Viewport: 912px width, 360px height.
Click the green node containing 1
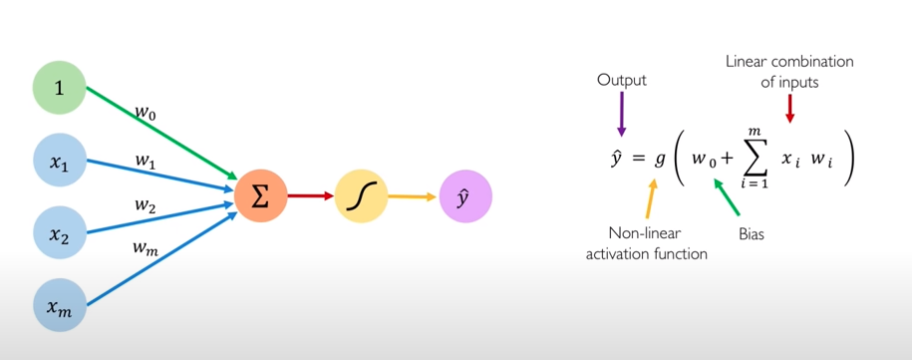pos(59,88)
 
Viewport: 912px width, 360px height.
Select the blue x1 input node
pos(59,159)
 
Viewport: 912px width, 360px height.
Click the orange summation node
pos(260,195)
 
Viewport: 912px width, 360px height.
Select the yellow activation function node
pos(360,195)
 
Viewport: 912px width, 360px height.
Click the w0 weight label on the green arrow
pos(146,114)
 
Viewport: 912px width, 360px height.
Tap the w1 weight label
pos(146,160)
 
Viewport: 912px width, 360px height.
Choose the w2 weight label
pos(146,204)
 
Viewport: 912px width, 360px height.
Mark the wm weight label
pos(146,248)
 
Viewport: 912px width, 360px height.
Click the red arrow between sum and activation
pos(310,195)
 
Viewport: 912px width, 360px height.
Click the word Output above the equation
pos(621,80)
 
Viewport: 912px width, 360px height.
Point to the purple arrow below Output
pos(621,113)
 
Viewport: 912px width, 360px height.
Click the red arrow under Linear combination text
pos(790,109)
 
